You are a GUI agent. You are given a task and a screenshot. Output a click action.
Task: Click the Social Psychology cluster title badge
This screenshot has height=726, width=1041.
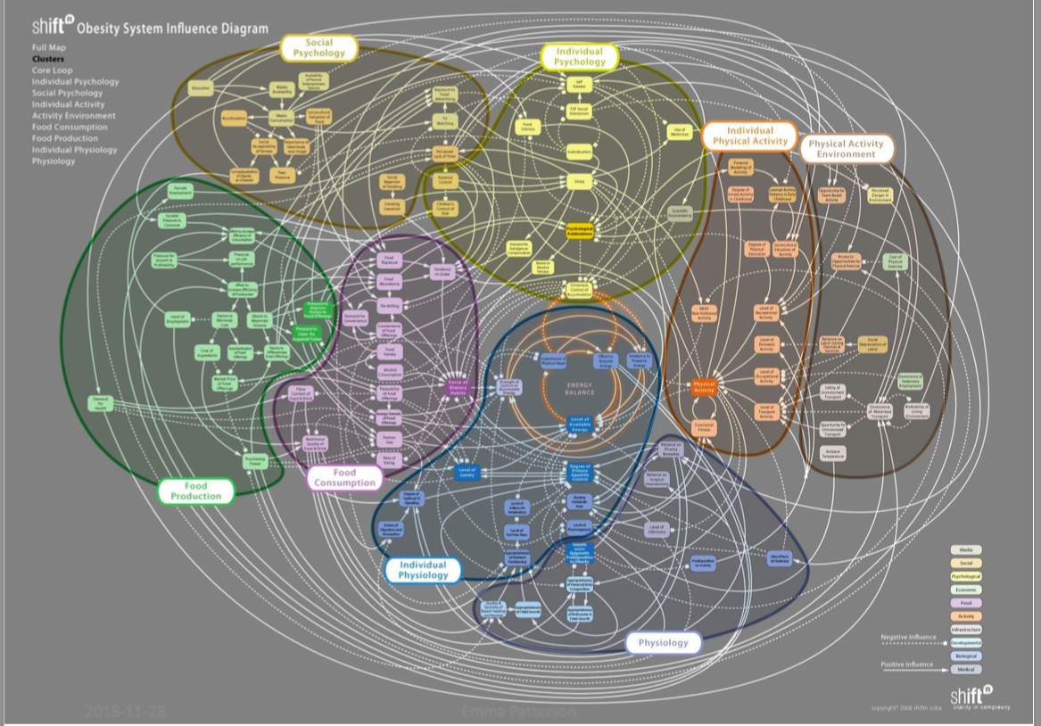(x=318, y=48)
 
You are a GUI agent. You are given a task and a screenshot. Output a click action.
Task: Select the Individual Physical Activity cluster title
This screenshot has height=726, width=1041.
(x=750, y=136)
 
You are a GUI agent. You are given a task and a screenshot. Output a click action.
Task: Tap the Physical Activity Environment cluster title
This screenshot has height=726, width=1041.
(x=846, y=149)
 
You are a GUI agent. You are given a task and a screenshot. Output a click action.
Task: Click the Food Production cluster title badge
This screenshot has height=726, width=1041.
(x=196, y=491)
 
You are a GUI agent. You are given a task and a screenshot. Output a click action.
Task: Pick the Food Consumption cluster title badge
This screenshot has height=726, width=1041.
(x=344, y=478)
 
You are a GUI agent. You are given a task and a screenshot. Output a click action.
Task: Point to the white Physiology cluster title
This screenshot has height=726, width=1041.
(x=663, y=642)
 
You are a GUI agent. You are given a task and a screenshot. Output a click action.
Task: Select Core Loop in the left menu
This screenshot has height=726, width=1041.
(x=53, y=70)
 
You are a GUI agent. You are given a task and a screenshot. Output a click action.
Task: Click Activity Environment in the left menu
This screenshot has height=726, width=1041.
(x=74, y=116)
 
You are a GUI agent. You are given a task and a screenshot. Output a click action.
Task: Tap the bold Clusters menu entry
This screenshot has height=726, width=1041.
(x=48, y=59)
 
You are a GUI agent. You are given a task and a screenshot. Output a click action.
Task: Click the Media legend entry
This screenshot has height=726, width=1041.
(x=966, y=550)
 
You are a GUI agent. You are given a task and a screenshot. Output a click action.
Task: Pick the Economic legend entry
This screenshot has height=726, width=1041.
(x=966, y=590)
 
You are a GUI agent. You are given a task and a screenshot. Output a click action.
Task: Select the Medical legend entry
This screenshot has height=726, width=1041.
(x=966, y=669)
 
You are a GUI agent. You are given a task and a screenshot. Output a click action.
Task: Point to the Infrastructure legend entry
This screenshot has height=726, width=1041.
(x=966, y=630)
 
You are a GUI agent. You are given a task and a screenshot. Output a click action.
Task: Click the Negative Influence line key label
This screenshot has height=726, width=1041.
(x=908, y=638)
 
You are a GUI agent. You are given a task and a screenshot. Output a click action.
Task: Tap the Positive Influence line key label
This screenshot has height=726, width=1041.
(x=907, y=664)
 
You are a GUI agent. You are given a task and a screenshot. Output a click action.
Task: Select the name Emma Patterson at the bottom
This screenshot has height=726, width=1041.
(x=508, y=712)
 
